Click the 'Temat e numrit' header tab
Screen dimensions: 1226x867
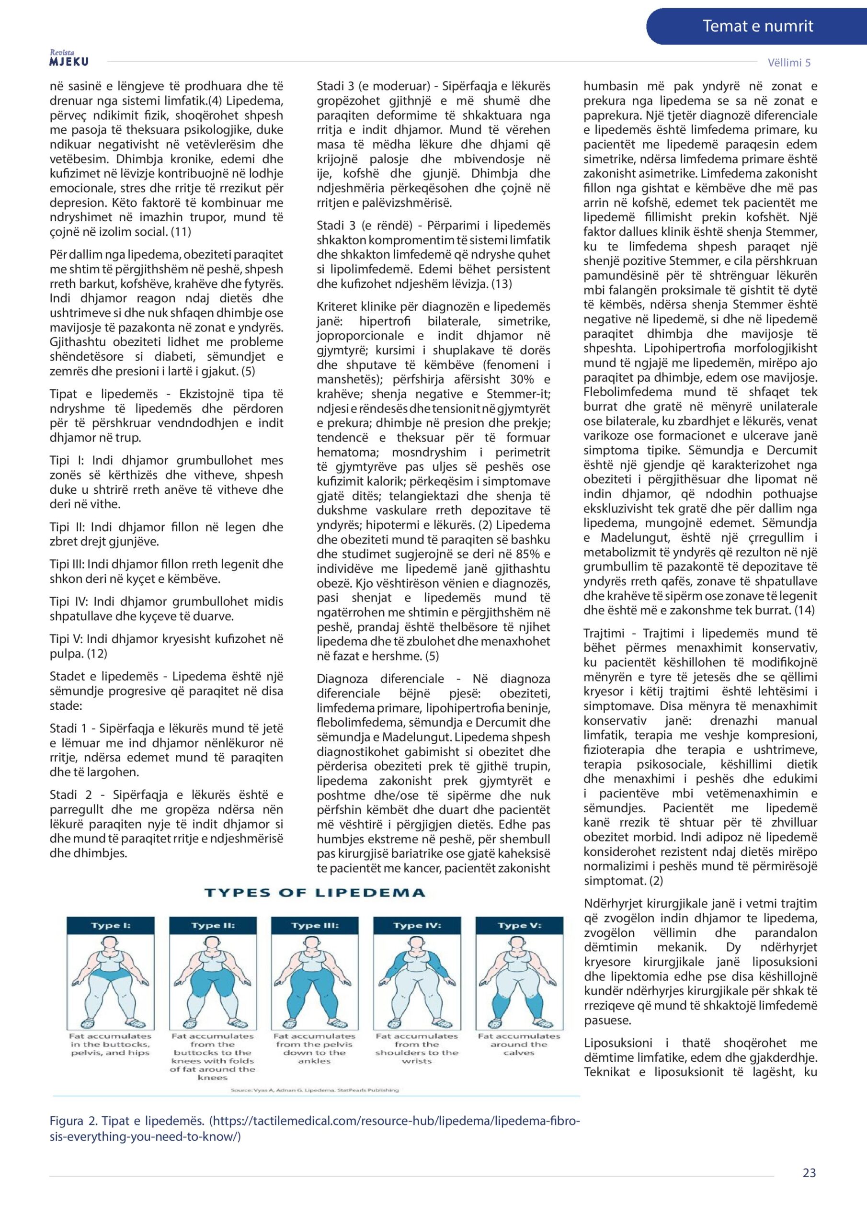pyautogui.click(x=757, y=26)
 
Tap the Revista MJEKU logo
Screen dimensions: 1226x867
pyautogui.click(x=69, y=58)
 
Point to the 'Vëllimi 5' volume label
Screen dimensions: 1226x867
pyautogui.click(x=788, y=62)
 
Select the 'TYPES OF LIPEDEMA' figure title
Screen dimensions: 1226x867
pyautogui.click(x=315, y=892)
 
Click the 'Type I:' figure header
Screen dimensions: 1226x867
pyautogui.click(x=111, y=925)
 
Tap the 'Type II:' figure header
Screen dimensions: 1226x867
pyautogui.click(x=213, y=925)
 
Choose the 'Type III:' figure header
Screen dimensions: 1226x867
pyautogui.click(x=315, y=925)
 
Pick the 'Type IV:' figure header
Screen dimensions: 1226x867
pyautogui.click(x=417, y=925)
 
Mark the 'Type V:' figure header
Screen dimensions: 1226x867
pyautogui.click(x=519, y=925)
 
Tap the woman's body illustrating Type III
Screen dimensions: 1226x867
pyautogui.click(x=315, y=988)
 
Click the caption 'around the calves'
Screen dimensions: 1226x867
pyautogui.click(x=519, y=1049)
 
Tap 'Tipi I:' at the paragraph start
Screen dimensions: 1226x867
pyautogui.click(x=67, y=460)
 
